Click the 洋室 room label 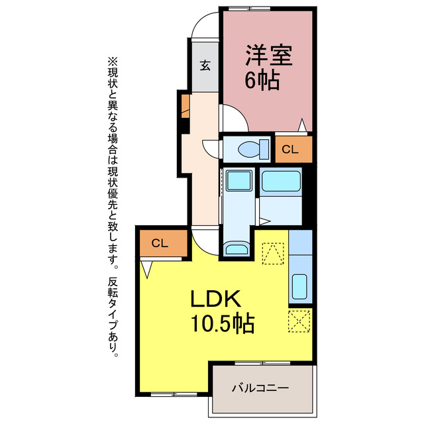click(x=270, y=54)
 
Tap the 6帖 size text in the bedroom click(x=262, y=81)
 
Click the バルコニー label click(x=260, y=388)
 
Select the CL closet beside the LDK click(x=160, y=243)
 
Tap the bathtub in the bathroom click(x=281, y=182)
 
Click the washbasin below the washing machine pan click(x=235, y=248)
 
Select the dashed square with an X click(x=299, y=322)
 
